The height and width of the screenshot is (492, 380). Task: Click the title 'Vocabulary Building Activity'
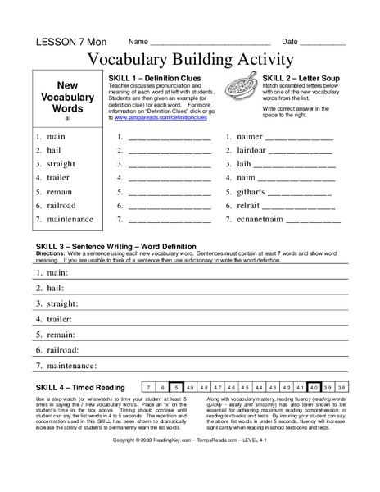click(190, 60)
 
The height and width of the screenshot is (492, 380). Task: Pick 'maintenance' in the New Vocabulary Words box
click(70, 219)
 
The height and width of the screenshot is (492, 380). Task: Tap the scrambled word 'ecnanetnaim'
click(260, 220)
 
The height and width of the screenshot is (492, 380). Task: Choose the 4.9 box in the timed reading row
click(190, 386)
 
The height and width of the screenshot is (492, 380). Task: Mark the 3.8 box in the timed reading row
click(342, 386)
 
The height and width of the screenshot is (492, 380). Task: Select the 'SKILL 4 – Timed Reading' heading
click(81, 387)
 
